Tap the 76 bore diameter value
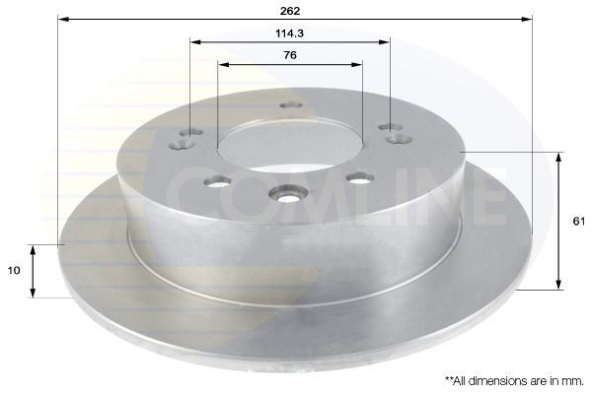point(289,55)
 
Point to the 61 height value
point(578,222)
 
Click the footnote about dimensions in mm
point(514,379)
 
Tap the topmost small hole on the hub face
point(289,105)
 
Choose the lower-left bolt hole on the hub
point(218,181)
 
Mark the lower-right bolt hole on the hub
point(359,178)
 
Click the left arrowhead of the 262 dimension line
point(61,19)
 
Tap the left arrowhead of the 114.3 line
point(193,41)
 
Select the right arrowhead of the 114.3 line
point(386,41)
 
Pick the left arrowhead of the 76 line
point(221,65)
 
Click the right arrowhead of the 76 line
point(358,65)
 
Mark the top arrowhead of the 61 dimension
point(560,156)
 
